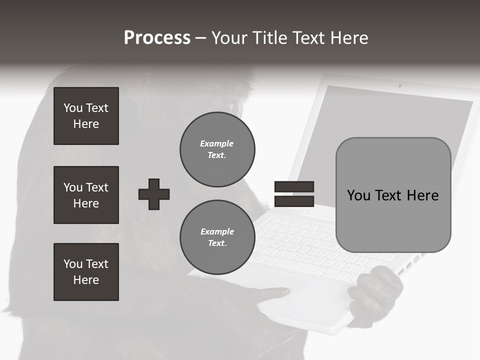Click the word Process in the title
157,38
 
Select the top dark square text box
86,116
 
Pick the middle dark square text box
86,195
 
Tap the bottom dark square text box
86,271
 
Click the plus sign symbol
154,194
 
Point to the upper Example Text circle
217,149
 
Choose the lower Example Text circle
217,237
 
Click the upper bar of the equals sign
294,186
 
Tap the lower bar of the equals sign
294,201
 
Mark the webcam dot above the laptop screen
399,85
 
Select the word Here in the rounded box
422,195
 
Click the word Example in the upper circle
216,143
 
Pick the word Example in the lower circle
217,231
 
